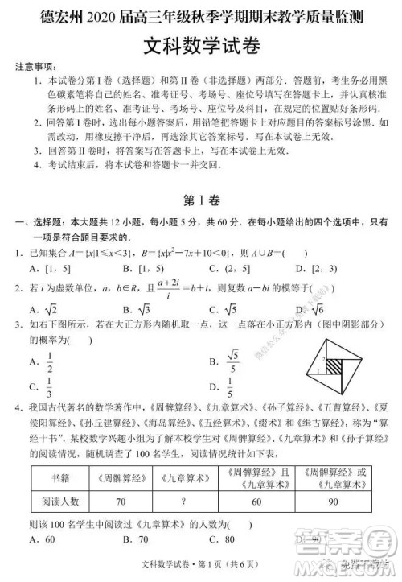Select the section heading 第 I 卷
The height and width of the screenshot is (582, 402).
coord(200,199)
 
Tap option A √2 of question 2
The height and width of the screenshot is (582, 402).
coord(43,311)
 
